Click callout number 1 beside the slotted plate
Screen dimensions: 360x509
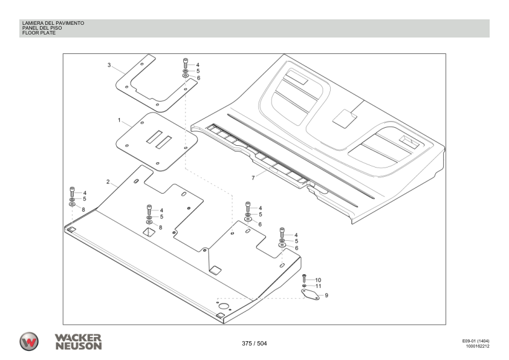[120, 121]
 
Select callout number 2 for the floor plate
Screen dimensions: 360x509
[108, 182]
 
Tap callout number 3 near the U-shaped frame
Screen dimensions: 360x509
[109, 65]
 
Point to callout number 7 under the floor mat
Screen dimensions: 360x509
[254, 178]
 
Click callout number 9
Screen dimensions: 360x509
[326, 295]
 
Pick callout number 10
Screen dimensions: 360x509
[318, 280]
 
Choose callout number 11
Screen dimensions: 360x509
[318, 286]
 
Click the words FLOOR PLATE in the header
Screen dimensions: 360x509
[39, 33]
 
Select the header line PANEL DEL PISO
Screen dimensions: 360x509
[42, 28]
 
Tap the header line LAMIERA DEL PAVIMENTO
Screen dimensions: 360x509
[53, 23]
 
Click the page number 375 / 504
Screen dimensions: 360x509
[254, 344]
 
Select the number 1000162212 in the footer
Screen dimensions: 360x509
[478, 347]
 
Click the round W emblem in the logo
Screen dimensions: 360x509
[28, 341]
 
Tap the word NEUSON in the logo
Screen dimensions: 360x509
[79, 346]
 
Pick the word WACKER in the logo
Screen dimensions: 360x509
[79, 338]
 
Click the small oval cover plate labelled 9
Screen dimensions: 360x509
[310, 294]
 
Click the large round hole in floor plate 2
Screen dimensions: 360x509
[224, 307]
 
